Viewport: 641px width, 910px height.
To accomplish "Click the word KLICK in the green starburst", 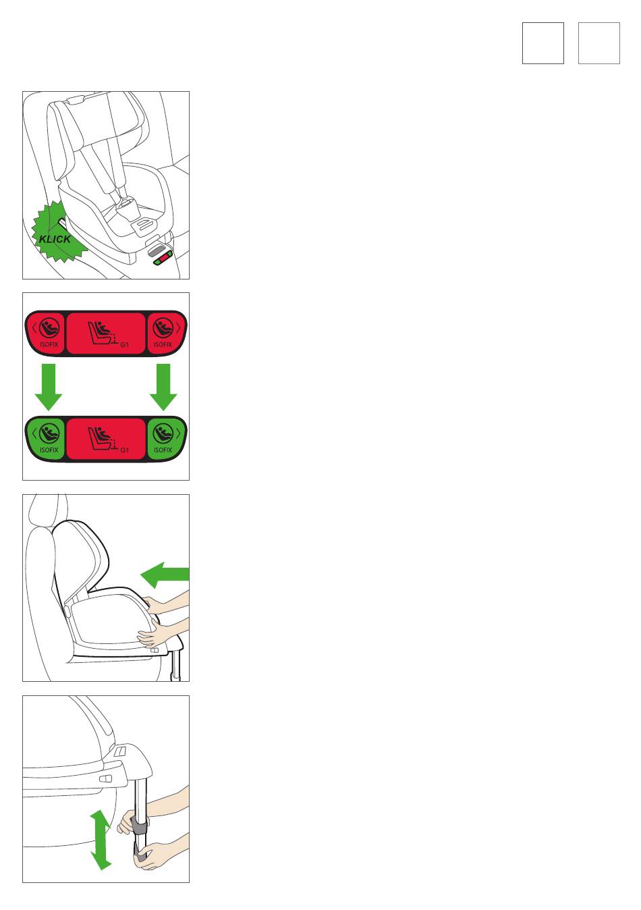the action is (55, 239).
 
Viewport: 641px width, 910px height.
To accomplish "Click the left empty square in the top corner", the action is (542, 43).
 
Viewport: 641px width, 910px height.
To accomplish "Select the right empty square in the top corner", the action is (598, 43).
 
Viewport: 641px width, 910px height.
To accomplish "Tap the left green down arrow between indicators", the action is (49, 387).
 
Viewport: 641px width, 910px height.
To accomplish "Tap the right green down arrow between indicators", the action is (163, 387).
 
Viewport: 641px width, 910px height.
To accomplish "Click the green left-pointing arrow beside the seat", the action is (165, 575).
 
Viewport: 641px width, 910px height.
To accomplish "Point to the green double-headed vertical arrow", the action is (100, 840).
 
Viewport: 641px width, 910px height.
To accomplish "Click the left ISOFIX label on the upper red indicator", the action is (49, 344).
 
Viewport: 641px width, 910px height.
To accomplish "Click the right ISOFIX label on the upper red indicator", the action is (163, 344).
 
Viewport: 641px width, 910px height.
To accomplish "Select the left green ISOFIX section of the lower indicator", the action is (46, 439).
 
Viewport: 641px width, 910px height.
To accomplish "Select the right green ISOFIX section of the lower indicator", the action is (165, 439).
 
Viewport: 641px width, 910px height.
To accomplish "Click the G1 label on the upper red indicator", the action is (125, 344).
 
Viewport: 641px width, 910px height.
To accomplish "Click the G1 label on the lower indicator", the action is (125, 450).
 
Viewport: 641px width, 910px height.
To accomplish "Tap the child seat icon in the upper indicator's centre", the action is (103, 332).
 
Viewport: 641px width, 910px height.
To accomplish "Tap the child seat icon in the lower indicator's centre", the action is (103, 438).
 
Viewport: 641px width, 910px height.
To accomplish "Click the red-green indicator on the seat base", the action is (163, 258).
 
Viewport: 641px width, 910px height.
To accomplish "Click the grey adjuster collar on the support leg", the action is (140, 826).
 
